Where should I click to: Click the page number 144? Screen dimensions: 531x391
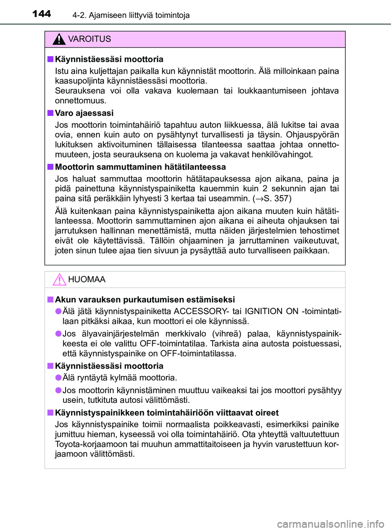[42, 14]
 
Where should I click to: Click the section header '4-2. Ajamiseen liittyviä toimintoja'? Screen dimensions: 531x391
[131, 15]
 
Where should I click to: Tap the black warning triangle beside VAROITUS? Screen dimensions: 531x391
[59, 39]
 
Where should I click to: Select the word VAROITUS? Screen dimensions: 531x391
[89, 39]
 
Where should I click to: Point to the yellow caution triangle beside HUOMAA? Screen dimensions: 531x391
[59, 280]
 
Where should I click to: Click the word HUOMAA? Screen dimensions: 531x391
[87, 280]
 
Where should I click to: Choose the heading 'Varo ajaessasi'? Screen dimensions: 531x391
[84, 113]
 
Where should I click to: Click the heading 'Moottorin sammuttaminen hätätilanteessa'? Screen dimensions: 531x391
[140, 167]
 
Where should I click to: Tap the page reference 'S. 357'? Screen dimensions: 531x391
[277, 199]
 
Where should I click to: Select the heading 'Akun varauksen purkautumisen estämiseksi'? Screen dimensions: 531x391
[145, 299]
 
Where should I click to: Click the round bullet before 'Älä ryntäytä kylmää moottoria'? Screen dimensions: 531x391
[59, 378]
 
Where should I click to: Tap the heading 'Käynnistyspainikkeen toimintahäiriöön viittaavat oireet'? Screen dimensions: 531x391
[167, 413]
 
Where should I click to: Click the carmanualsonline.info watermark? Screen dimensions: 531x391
[330, 524]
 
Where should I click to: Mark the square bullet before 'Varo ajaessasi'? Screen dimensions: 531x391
[50, 113]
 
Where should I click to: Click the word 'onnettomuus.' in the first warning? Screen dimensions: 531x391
[81, 101]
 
